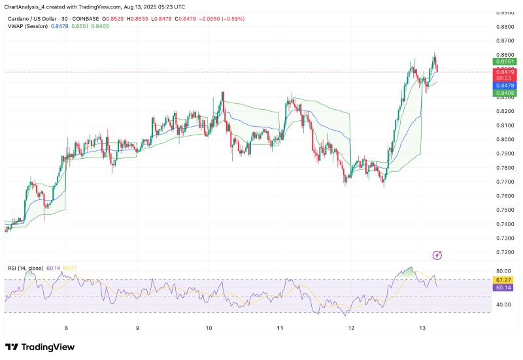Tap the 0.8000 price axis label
pyautogui.click(x=504, y=139)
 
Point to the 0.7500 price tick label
pyautogui.click(x=504, y=210)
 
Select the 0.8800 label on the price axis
pyautogui.click(x=504, y=27)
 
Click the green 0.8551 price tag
pyautogui.click(x=503, y=61)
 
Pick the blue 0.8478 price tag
pyautogui.click(x=503, y=86)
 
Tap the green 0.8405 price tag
pyautogui.click(x=503, y=93)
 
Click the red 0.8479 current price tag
pyautogui.click(x=503, y=71)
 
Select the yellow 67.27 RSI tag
pyautogui.click(x=503, y=280)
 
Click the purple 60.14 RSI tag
pyautogui.click(x=503, y=287)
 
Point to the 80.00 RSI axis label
pyautogui.click(x=503, y=270)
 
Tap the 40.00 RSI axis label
pyautogui.click(x=503, y=304)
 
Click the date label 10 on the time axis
pyautogui.click(x=209, y=327)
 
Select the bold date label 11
pyautogui.click(x=280, y=327)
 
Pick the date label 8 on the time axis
pyautogui.click(x=66, y=327)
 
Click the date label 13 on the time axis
pyautogui.click(x=422, y=327)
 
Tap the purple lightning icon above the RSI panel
pyautogui.click(x=437, y=255)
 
